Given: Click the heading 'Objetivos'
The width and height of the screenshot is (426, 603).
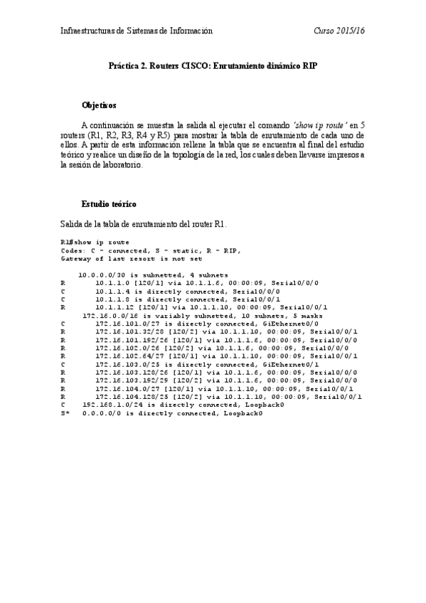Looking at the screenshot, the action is (x=99, y=105).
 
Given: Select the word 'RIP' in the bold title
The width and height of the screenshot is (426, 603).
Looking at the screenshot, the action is (x=309, y=65).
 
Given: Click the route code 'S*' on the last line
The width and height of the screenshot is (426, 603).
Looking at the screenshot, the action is (x=65, y=412).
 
